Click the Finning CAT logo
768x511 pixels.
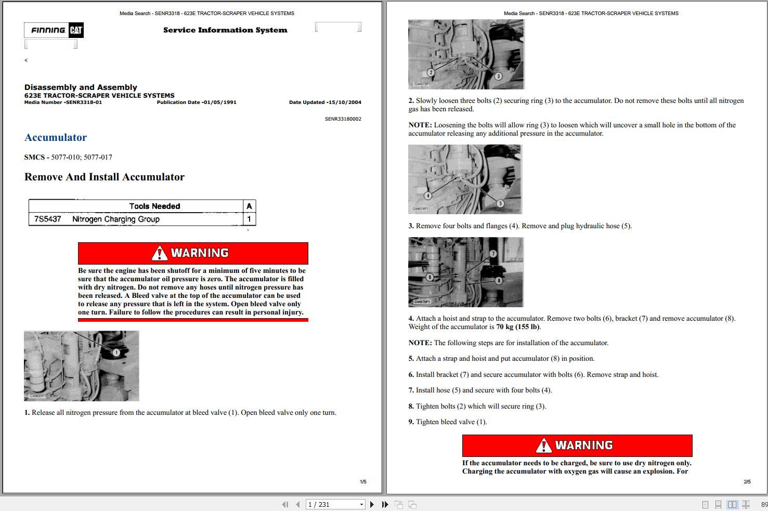[x=54, y=30]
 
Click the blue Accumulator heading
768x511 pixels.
[x=56, y=137]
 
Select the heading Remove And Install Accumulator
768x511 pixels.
[x=105, y=177]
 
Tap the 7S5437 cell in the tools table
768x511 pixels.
[x=48, y=219]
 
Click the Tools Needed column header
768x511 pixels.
[x=154, y=206]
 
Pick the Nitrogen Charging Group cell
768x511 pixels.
[x=116, y=219]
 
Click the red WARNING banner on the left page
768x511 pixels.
[x=193, y=253]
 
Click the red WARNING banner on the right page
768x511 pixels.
[x=577, y=446]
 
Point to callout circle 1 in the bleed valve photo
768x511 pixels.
[x=116, y=352]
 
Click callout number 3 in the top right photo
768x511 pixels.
[x=498, y=76]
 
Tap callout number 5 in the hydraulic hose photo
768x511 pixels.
[x=500, y=203]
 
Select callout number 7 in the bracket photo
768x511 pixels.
[x=493, y=254]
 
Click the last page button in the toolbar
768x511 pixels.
[x=385, y=504]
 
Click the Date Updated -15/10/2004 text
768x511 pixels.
[x=325, y=102]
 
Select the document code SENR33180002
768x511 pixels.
[x=343, y=119]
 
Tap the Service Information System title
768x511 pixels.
[x=225, y=30]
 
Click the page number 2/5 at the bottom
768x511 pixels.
[x=747, y=482]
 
